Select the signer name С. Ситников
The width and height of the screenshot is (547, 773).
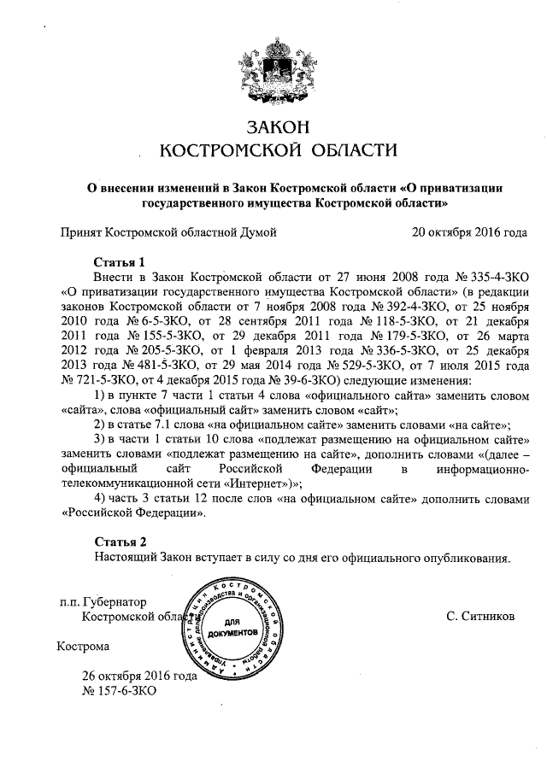(479, 615)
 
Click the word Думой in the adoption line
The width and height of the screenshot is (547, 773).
(257, 231)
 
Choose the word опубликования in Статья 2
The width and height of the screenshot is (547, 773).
(468, 558)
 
